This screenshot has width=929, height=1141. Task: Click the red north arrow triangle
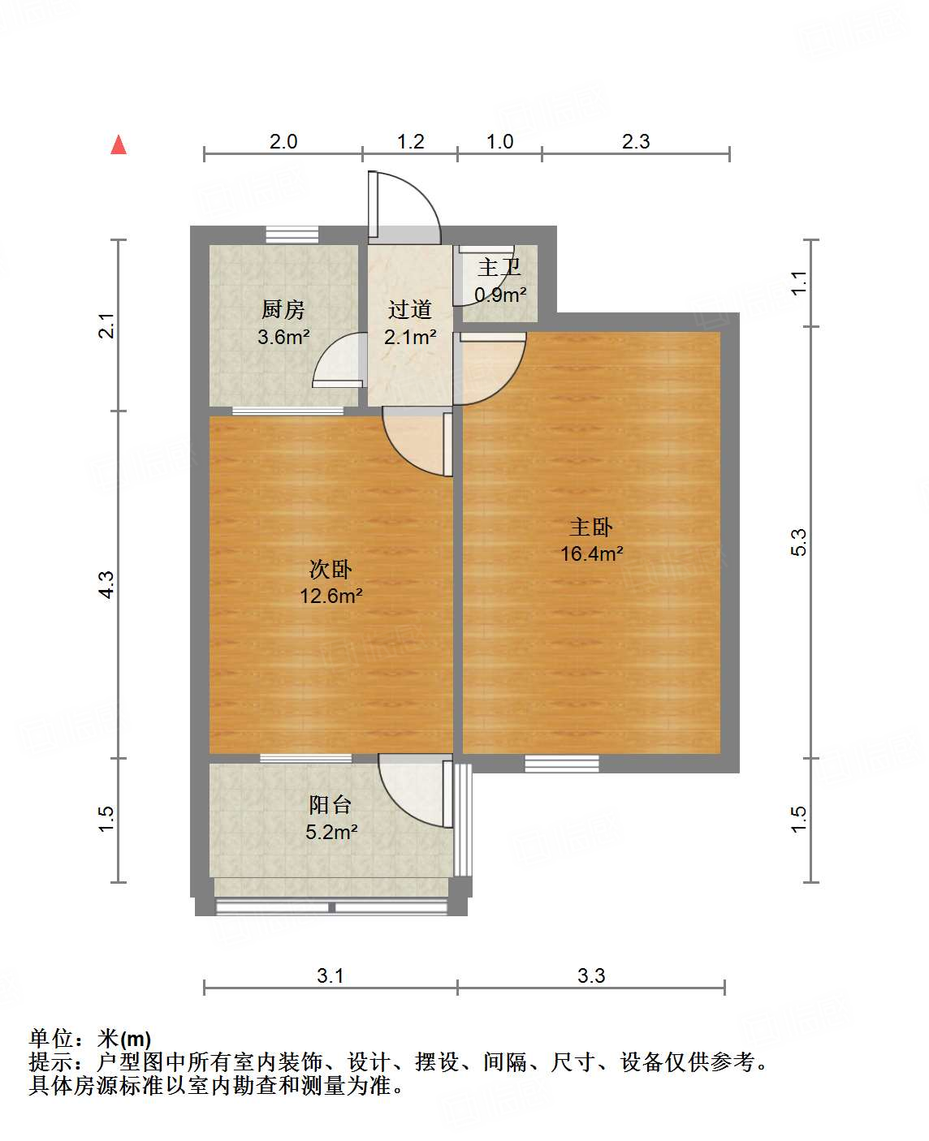pyautogui.click(x=119, y=145)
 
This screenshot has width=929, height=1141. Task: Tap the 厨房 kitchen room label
pyautogui.click(x=283, y=309)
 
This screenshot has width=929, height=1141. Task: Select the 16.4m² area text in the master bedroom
pyautogui.click(x=591, y=553)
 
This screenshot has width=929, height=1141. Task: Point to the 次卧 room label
pyautogui.click(x=331, y=569)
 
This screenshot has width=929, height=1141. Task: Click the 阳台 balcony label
pyautogui.click(x=331, y=805)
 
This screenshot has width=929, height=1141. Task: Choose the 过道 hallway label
pyautogui.click(x=409, y=309)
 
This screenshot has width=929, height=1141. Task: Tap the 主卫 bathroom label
pyautogui.click(x=499, y=267)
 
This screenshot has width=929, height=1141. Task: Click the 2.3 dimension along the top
pyautogui.click(x=636, y=141)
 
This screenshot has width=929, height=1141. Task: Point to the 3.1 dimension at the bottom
pyautogui.click(x=331, y=975)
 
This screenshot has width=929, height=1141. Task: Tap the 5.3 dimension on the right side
pyautogui.click(x=799, y=542)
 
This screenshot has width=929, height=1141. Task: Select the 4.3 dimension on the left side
pyautogui.click(x=106, y=584)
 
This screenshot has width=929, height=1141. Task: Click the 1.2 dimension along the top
pyautogui.click(x=410, y=141)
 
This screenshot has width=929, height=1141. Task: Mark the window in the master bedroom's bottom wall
pyautogui.click(x=561, y=763)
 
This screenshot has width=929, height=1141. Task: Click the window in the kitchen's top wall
pyautogui.click(x=292, y=235)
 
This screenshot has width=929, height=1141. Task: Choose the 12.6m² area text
pyautogui.click(x=331, y=596)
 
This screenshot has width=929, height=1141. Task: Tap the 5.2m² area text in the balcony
pyautogui.click(x=331, y=832)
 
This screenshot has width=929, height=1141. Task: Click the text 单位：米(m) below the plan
pyautogui.click(x=90, y=1038)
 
